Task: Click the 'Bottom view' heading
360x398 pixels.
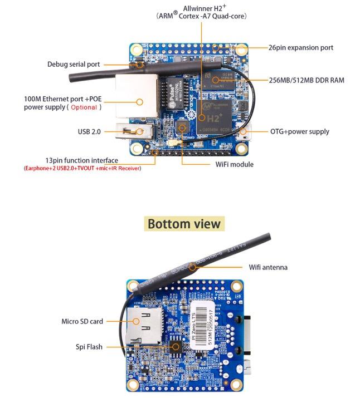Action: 184,224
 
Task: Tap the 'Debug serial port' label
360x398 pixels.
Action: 74,64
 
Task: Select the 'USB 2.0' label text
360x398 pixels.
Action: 89,132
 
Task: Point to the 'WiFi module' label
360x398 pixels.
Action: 234,164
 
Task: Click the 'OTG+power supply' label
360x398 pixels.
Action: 299,132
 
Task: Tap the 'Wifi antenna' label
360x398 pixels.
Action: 268,267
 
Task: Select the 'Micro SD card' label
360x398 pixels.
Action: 82,321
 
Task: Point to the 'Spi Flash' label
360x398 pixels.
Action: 89,347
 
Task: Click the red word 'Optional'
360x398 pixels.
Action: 84,107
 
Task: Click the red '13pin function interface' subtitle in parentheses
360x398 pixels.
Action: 82,168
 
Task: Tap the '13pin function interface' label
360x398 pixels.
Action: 82,160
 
